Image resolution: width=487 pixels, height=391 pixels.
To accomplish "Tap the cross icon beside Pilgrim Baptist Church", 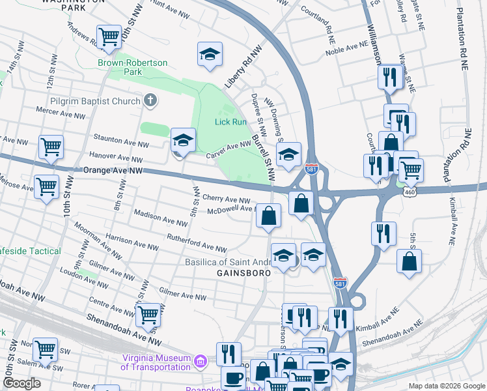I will point(150,101).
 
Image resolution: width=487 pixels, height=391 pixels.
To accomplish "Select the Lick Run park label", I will point(230,122).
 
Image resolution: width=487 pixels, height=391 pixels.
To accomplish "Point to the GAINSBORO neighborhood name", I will point(243,274).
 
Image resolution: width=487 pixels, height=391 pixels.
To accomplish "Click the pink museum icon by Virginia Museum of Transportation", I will point(201,360).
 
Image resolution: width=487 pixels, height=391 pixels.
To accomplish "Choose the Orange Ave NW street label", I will point(113,171).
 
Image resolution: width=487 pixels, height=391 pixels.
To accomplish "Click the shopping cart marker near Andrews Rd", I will point(109,36).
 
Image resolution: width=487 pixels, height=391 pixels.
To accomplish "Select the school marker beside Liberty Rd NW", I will point(210,53).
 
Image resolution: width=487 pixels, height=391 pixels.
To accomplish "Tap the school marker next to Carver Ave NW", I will point(184,139).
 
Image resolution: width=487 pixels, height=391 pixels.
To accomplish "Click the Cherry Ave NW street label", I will point(226,199).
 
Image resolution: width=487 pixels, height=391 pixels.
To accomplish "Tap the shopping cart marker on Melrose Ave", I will point(46,186).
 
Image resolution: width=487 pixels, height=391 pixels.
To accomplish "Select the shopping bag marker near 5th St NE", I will point(410,261).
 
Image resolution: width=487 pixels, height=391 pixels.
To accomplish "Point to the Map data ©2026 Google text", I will point(445,386).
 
